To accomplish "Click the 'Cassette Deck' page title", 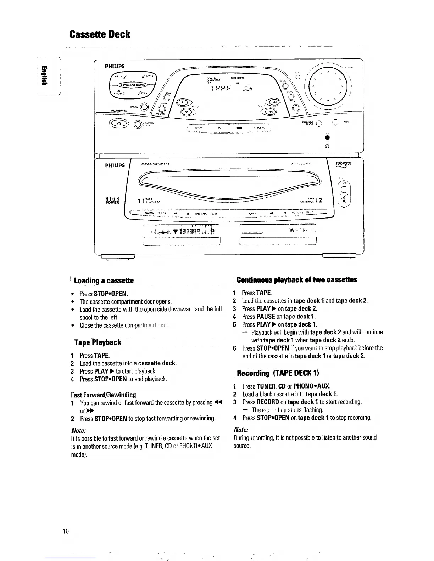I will [100, 34].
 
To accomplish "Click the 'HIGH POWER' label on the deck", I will [113, 200].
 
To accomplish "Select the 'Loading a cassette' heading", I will [104, 281].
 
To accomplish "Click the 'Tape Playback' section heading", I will [98, 342].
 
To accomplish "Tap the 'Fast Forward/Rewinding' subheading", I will [103, 395].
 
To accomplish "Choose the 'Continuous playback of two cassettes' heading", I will [296, 280].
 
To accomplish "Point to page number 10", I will [65, 531].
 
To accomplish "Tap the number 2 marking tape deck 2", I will [320, 200].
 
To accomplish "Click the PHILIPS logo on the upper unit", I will [115, 66].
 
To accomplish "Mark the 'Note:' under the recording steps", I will [241, 429].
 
